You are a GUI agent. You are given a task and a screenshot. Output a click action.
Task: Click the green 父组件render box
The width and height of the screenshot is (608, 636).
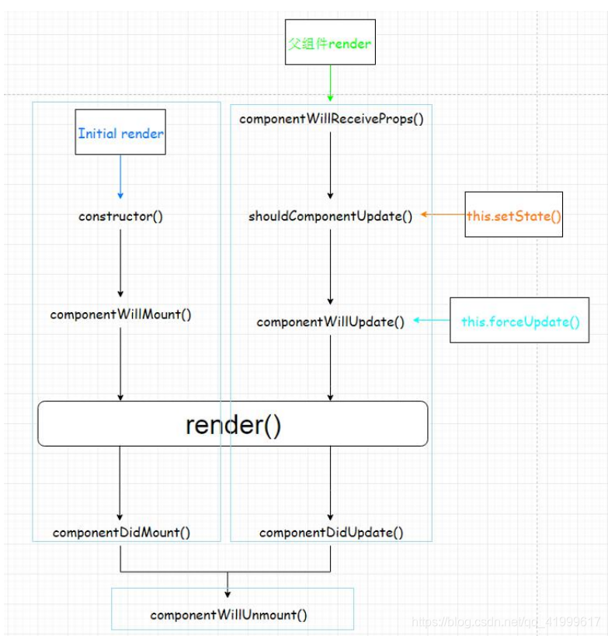tap(330, 42)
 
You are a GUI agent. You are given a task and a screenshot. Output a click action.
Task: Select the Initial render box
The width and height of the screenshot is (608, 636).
tap(120, 133)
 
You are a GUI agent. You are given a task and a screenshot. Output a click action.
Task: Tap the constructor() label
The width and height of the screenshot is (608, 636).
tap(120, 216)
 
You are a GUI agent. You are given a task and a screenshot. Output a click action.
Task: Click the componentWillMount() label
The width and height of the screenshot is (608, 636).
tap(120, 315)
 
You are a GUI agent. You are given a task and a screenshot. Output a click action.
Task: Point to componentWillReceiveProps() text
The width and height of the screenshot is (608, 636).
tap(331, 119)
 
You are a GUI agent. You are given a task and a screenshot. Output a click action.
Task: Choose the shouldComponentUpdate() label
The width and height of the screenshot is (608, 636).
tap(330, 216)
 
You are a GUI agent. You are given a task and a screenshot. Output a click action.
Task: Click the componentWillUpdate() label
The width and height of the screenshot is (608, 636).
tap(330, 321)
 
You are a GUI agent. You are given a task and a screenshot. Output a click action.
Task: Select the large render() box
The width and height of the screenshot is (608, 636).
tap(233, 424)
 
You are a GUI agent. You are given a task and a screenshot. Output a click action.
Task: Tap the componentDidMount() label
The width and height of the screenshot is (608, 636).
tap(120, 533)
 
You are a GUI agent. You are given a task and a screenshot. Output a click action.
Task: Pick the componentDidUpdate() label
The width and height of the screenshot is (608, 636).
tap(331, 533)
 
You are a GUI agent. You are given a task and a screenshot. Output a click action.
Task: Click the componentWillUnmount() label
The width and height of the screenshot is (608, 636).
tap(228, 614)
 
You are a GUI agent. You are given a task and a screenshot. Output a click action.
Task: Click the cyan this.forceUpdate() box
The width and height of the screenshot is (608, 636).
tap(519, 321)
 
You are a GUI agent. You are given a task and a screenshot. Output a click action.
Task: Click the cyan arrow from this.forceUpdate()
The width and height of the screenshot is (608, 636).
tap(431, 319)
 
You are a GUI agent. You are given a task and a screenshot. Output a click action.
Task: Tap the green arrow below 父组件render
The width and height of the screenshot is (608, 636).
tap(330, 82)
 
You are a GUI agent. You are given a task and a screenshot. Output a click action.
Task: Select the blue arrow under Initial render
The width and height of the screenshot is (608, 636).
tap(120, 177)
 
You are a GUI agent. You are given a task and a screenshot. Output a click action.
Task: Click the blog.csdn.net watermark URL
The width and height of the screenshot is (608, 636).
tap(506, 621)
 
